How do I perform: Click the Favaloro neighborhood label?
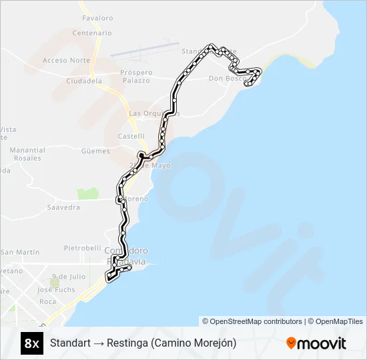pyautogui.click(x=97, y=18)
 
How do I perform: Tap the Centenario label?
pyautogui.click(x=91, y=33)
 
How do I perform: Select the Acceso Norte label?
pyautogui.click(x=66, y=60)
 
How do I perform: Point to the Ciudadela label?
pyautogui.click(x=84, y=81)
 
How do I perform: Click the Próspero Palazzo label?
pyautogui.click(x=135, y=76)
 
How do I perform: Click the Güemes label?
pyautogui.click(x=95, y=151)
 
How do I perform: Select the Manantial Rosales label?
pyautogui.click(x=28, y=154)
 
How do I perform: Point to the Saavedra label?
pyautogui.click(x=63, y=207)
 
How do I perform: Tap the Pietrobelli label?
pyautogui.click(x=82, y=248)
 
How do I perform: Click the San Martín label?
pyautogui.click(x=20, y=252)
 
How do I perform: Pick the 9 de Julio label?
pyautogui.click(x=69, y=276)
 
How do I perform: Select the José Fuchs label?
pyautogui.click(x=56, y=290)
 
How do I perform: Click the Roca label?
pyautogui.click(x=48, y=301)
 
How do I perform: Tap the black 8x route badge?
pyautogui.click(x=31, y=343)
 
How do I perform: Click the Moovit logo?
pyautogui.click(x=316, y=343)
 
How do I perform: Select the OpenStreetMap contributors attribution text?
pyautogui.click(x=252, y=321)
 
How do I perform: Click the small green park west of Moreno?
pyautogui.click(x=87, y=193)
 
